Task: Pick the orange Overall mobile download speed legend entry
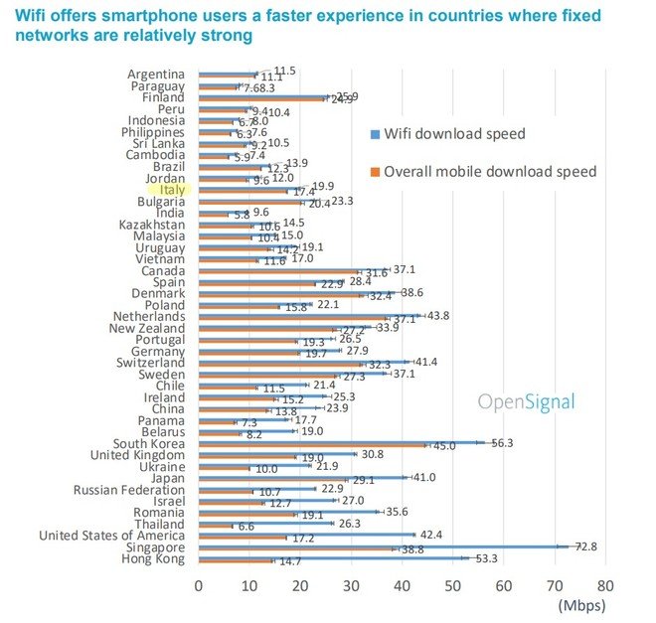point(489,172)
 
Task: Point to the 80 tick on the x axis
point(604,586)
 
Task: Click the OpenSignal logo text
point(526,401)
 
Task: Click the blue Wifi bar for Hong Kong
point(332,558)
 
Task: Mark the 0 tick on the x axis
point(199,586)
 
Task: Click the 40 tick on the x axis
point(402,586)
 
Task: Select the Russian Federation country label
point(129,489)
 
